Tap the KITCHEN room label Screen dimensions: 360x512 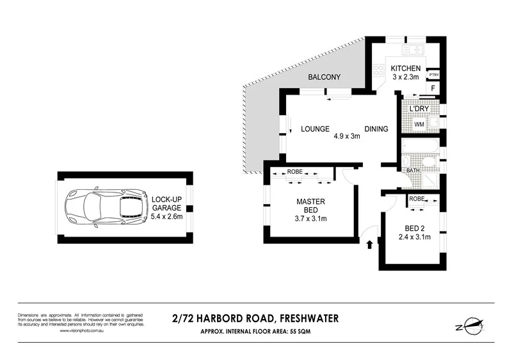pyautogui.click(x=406, y=68)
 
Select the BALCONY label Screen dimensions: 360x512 pyautogui.click(x=324, y=77)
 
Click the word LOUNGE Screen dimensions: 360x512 pyautogui.click(x=315, y=129)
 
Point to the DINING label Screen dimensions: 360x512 pyautogui.click(x=376, y=129)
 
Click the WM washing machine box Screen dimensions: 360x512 pyautogui.click(x=420, y=123)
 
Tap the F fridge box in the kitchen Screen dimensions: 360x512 pyautogui.click(x=433, y=88)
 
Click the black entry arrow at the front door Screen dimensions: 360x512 pyautogui.click(x=369, y=244)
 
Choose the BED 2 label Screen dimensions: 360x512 pyautogui.click(x=413, y=228)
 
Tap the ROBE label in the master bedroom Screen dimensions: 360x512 pyautogui.click(x=294, y=172)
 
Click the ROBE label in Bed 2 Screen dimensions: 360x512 pyautogui.click(x=416, y=199)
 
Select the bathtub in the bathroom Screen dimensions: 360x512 pyautogui.click(x=420, y=147)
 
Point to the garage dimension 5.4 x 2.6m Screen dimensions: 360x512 pyautogui.click(x=166, y=217)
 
